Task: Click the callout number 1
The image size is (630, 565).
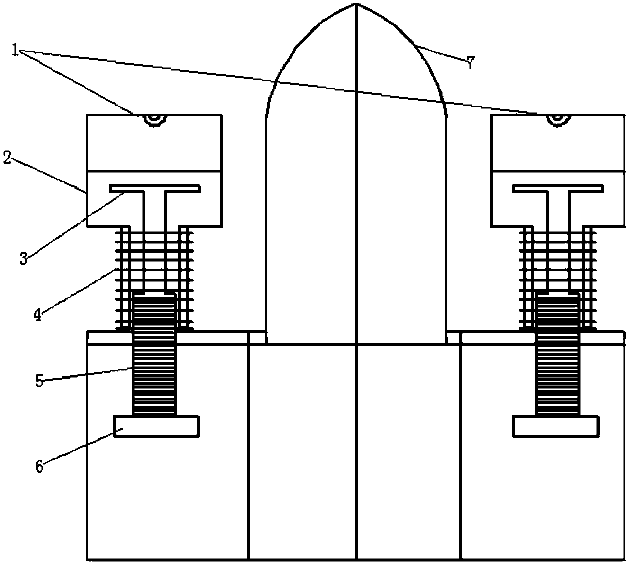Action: [16, 50]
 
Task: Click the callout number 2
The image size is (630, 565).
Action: [7, 158]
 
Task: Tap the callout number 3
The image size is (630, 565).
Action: [23, 258]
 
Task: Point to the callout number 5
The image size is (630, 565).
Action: [40, 381]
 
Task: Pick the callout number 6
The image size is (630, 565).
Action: [39, 466]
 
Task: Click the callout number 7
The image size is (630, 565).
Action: [470, 63]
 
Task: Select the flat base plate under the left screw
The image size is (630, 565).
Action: [156, 426]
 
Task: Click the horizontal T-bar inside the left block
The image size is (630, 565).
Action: [155, 189]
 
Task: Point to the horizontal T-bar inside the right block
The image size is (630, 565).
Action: [558, 189]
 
